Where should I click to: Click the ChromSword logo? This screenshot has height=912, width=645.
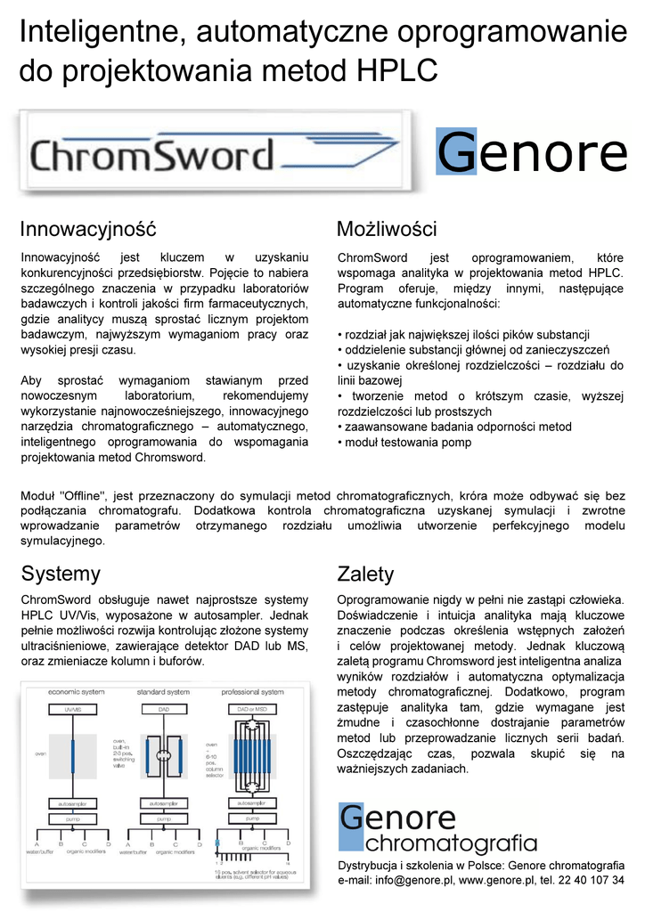point(151,156)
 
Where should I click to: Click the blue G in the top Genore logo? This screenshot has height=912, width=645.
point(457,152)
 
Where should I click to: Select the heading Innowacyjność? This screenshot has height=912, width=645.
point(88,229)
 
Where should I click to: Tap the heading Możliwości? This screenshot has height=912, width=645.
point(386,229)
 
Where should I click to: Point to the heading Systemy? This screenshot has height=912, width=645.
point(61,573)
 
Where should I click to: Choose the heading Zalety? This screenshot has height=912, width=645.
point(365,574)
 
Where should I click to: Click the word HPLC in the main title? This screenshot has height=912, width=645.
point(397,70)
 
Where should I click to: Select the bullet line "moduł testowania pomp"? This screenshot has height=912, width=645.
point(408,443)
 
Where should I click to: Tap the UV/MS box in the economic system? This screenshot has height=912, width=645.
point(72,708)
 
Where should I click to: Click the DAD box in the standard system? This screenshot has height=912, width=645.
point(163,708)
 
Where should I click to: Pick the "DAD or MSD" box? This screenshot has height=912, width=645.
point(251,708)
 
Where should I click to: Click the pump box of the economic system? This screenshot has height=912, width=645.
point(72,818)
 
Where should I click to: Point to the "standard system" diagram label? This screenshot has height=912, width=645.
point(163,691)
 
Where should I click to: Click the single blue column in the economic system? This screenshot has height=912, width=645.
point(72,753)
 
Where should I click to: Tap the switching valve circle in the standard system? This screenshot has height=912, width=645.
point(163,754)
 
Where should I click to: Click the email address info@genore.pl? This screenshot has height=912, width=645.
point(414,880)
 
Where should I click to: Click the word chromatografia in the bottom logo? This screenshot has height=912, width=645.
point(451,843)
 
